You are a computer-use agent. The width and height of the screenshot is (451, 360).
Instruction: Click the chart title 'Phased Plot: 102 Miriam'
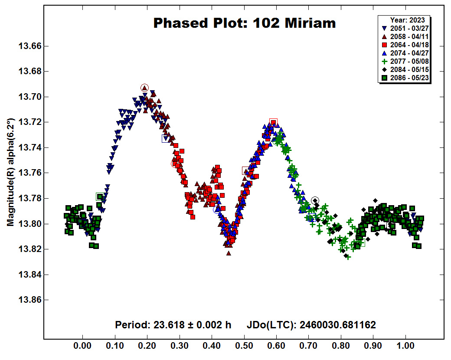(x=245, y=23)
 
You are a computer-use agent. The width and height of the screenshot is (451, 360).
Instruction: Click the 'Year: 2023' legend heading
(x=407, y=20)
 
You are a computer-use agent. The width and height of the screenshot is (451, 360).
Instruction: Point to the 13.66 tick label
(x=30, y=46)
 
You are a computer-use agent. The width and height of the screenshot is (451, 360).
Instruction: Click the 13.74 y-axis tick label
(x=30, y=147)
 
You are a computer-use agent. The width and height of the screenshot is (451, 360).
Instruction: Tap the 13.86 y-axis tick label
(x=30, y=300)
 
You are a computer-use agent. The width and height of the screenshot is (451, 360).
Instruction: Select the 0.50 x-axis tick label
(x=244, y=346)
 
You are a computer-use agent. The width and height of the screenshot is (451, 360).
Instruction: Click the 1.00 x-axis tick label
(x=405, y=346)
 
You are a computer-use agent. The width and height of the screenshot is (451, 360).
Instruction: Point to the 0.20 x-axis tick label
(x=147, y=346)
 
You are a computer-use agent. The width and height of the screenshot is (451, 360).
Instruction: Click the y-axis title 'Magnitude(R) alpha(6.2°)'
(x=11, y=172)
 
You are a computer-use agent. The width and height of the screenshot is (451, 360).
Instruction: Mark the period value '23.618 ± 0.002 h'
(x=192, y=325)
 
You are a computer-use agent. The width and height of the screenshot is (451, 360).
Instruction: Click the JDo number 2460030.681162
(x=338, y=325)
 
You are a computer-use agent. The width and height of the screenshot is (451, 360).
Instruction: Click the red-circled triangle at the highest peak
(x=145, y=88)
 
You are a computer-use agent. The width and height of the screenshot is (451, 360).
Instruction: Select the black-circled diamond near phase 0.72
(x=315, y=200)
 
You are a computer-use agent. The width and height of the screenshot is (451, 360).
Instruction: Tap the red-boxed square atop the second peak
(x=273, y=122)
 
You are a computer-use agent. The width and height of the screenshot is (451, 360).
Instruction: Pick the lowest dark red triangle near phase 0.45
(x=229, y=253)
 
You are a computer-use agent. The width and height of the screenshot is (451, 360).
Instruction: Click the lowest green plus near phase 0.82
(x=348, y=257)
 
